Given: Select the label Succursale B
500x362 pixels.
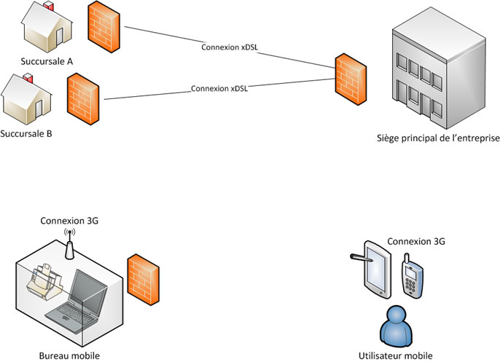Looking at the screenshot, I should pos(27,134).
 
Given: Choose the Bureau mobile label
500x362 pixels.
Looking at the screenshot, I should pos(69,355).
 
